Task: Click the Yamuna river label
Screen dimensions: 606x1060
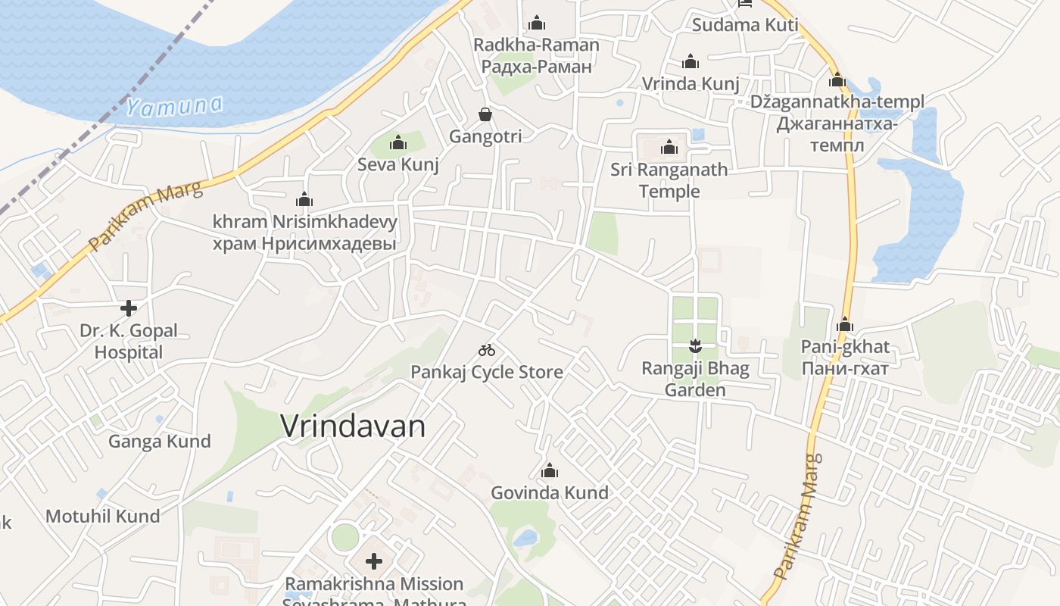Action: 175,106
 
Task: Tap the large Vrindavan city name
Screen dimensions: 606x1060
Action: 353,426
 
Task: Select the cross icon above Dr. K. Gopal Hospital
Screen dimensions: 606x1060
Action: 129,308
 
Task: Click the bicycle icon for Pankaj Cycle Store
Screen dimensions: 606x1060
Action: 487,350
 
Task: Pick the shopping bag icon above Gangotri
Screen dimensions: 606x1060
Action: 485,115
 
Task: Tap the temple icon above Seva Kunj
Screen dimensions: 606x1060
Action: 398,142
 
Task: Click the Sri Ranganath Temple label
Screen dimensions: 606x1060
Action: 669,180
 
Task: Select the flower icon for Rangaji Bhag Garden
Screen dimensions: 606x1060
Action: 695,348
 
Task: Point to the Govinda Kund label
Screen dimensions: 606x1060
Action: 550,492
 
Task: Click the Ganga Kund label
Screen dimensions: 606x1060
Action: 160,442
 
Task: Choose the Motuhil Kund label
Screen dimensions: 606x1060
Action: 103,517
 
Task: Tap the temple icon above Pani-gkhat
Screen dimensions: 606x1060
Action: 845,326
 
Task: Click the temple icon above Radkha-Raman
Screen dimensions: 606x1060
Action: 537,23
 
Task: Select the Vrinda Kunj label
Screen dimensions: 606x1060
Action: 691,83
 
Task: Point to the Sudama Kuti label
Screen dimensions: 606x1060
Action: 745,25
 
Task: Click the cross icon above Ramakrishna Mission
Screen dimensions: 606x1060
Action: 374,561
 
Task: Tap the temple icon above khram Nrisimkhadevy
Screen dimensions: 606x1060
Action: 304,200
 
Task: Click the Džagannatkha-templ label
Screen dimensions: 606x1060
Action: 837,102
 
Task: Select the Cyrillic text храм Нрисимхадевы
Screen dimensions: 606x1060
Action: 304,244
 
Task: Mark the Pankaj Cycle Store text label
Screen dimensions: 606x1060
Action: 487,372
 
